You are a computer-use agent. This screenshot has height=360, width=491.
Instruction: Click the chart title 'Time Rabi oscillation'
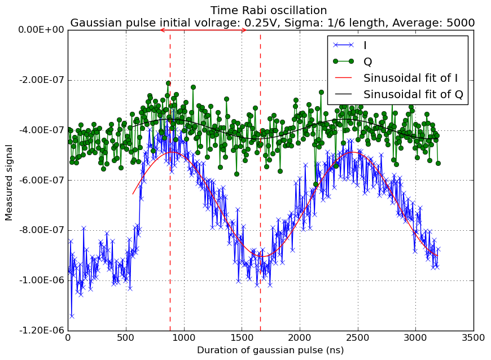coord(269,10)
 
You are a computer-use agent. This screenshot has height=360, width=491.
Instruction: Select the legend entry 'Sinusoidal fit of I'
coord(410,78)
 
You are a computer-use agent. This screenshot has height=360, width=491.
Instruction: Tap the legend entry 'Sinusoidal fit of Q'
coord(413,94)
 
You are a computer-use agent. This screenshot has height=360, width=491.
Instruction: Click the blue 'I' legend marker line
coord(343,45)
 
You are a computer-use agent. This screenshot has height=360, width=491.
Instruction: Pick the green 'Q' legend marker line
coord(343,62)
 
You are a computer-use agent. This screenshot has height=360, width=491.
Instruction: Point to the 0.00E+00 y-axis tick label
coord(41,30)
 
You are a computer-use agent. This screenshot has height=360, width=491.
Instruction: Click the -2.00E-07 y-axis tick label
coord(42,80)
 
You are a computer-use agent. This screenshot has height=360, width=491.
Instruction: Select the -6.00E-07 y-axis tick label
coord(42,180)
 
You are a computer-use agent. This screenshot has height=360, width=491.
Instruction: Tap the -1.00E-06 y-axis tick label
coord(42,280)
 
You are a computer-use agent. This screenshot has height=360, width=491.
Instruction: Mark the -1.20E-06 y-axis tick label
coord(42,330)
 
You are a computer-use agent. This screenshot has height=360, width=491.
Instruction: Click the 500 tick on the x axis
coord(126,338)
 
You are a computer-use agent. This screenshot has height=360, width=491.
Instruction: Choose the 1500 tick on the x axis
coord(242,338)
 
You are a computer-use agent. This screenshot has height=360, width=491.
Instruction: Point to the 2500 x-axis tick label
coord(358,338)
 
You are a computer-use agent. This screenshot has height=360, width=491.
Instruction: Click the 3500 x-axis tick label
coord(474,338)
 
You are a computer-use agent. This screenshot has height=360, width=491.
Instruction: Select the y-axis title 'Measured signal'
coord(8,182)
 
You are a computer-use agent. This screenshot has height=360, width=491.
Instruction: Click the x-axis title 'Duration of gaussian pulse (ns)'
coord(270,350)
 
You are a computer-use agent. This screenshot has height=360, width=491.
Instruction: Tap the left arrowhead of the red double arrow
coord(162,30)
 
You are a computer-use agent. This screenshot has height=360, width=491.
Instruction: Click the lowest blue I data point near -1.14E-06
coord(72,316)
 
